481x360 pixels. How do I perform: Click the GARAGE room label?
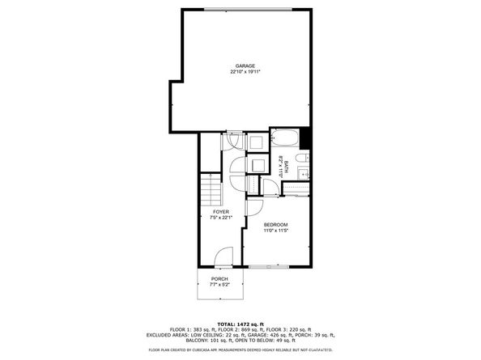pos(245,66)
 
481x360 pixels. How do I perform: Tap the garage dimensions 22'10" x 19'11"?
pos(245,72)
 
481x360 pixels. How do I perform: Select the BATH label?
pos(286,166)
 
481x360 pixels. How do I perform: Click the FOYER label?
pos(221,212)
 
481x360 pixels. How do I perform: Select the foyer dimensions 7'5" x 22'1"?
pos(221,218)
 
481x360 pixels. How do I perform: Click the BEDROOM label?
pos(276,224)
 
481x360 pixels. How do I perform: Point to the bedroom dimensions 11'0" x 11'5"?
pos(276,231)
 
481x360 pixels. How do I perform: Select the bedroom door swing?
pos(253,207)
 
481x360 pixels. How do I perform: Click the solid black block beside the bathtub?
pos(305,137)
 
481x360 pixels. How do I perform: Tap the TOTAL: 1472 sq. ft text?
pos(240,324)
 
